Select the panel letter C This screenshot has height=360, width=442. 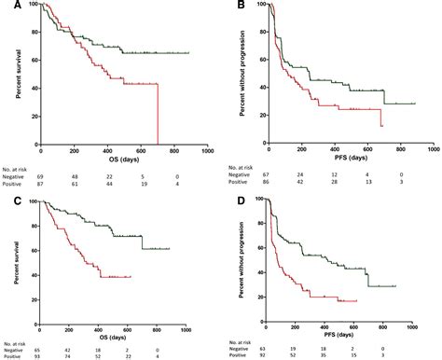(x=6, y=184)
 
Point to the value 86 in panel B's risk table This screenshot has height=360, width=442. (x=269, y=174)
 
